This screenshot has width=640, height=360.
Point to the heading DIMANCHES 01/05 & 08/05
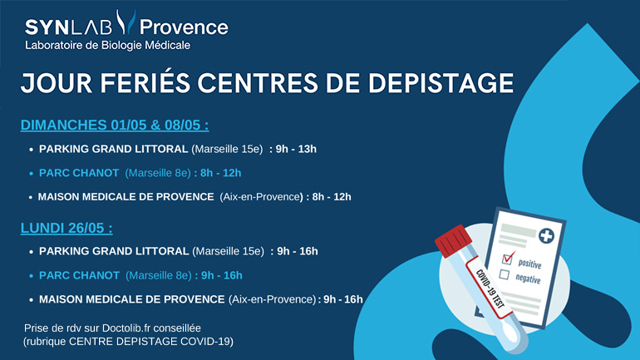click(x=114, y=126)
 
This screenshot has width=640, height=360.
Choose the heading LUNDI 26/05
click(x=66, y=228)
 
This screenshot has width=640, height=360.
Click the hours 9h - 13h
click(x=297, y=150)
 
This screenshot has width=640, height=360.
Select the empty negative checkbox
click(x=504, y=274)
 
